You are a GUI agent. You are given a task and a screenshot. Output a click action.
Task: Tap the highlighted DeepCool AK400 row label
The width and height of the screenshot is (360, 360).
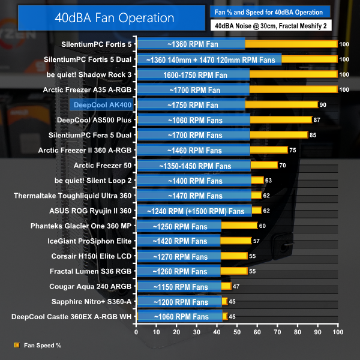coord(103,104)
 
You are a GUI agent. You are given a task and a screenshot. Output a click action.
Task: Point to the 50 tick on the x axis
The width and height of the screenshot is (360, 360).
coord(237,332)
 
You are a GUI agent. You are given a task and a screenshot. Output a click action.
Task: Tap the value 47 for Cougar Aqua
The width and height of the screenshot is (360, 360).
coord(237,286)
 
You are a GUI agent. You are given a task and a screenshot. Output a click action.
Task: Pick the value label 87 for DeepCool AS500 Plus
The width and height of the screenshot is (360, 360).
coord(317,120)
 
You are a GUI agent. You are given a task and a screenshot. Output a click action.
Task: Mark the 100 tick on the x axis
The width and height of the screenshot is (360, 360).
coord(338,332)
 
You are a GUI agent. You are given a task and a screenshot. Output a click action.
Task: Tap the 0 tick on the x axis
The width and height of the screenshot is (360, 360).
coord(137,332)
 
